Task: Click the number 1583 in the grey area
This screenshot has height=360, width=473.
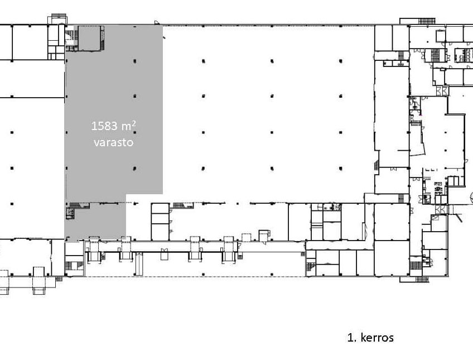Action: [104, 126]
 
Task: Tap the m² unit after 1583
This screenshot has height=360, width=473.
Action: [128, 126]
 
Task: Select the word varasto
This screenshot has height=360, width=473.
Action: [113, 142]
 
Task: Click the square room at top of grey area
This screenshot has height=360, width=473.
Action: [89, 38]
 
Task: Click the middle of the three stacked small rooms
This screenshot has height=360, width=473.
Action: [160, 218]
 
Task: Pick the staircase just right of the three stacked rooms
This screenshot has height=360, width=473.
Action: [183, 205]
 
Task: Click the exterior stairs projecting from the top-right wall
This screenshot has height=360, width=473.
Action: [427, 21]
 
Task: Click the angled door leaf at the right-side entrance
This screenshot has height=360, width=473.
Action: [459, 218]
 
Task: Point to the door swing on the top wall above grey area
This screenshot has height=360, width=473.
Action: [156, 23]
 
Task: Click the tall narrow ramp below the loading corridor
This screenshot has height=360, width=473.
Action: [139, 264]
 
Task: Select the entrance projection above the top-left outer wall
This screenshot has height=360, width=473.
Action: [57, 19]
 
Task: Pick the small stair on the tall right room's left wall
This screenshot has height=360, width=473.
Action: [376, 166]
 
